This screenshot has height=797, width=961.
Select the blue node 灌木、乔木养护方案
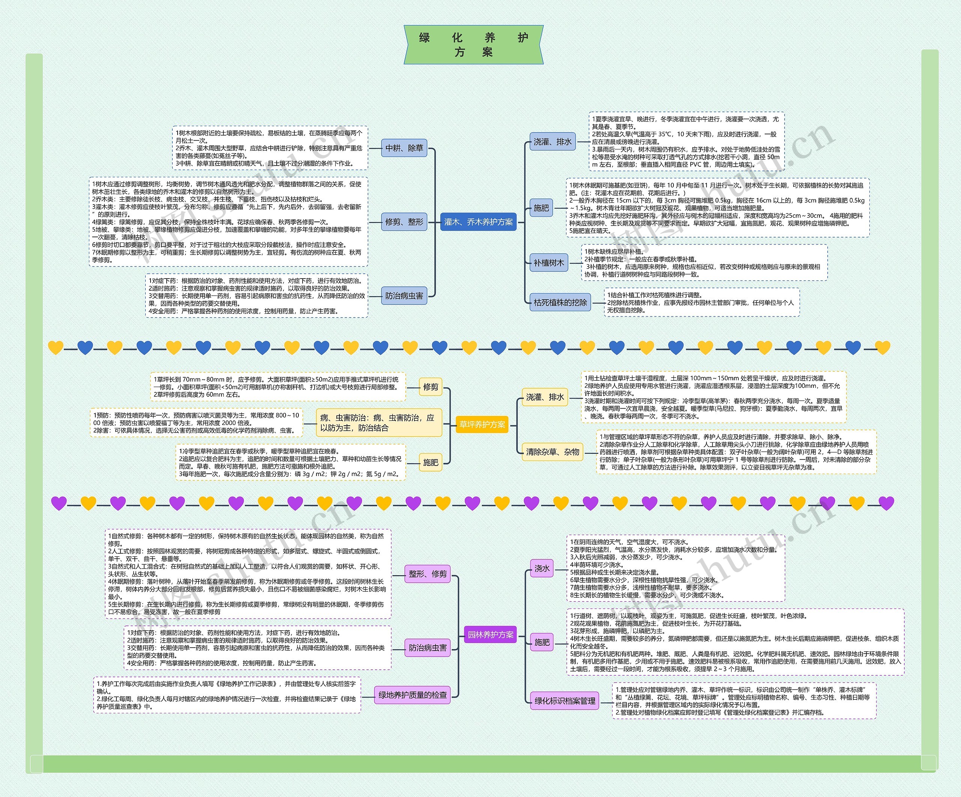point(478,222)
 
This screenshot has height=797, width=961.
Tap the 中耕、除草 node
point(404,148)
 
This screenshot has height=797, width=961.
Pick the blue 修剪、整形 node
point(404,222)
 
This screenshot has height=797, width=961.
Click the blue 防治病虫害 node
point(404,296)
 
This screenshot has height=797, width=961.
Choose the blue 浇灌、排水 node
point(552,142)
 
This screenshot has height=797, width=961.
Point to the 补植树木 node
point(549,263)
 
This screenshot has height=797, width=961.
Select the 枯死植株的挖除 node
point(560,303)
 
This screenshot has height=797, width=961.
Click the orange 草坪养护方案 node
point(482,425)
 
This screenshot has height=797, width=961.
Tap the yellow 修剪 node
point(431,387)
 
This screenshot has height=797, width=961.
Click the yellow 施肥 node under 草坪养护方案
point(431,463)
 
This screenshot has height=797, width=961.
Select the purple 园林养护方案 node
point(491,634)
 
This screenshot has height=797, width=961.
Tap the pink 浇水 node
point(542,568)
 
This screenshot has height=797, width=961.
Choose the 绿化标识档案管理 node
point(565,701)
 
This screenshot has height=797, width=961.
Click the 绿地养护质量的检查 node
point(412,695)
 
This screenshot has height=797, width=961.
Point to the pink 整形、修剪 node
point(428,574)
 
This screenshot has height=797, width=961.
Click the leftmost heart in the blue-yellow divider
point(56,348)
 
